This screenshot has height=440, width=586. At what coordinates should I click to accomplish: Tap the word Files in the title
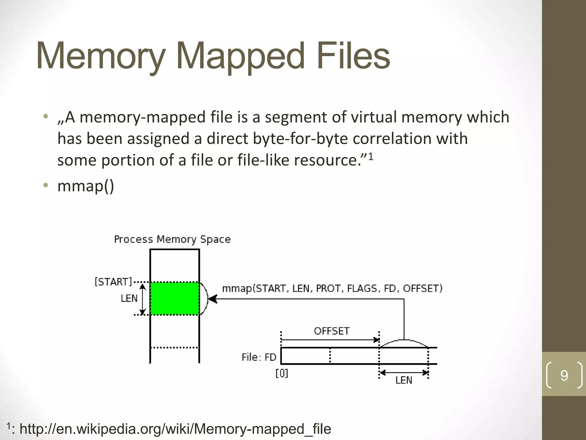pyautogui.click(x=353, y=56)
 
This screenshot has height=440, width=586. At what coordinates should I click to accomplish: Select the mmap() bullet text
pyautogui.click(x=86, y=186)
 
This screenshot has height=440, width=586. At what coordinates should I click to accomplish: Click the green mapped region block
pyautogui.click(x=175, y=298)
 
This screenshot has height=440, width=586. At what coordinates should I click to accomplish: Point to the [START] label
pyautogui.click(x=113, y=282)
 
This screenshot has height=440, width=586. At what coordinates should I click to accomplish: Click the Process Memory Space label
pyautogui.click(x=172, y=239)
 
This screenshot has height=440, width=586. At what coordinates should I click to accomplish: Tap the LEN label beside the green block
pyautogui.click(x=129, y=298)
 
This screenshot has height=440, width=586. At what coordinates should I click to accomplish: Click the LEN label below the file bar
pyautogui.click(x=404, y=380)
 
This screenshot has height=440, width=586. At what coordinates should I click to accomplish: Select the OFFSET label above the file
pyautogui.click(x=332, y=331)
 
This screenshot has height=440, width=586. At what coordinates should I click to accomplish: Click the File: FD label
pyautogui.click(x=259, y=357)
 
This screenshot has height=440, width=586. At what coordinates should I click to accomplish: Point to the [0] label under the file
pyautogui.click(x=282, y=374)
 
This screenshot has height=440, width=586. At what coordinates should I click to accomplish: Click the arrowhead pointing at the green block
pyautogui.click(x=213, y=299)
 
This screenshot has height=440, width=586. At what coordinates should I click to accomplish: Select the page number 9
pyautogui.click(x=564, y=376)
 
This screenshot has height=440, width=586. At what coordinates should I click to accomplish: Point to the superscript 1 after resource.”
pyautogui.click(x=371, y=156)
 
